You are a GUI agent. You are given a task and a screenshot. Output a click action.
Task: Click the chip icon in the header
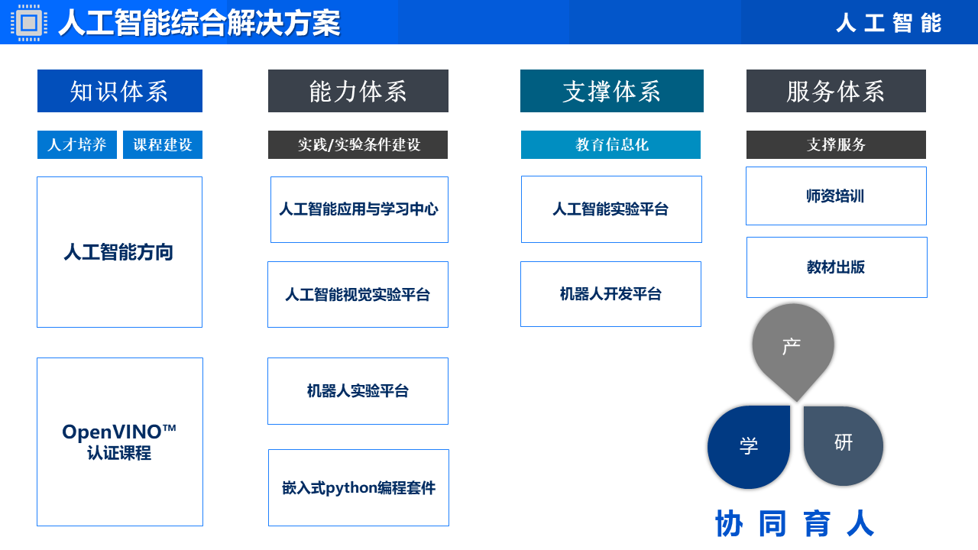(29, 23)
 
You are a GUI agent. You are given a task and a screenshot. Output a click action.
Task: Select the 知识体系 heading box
(120, 91)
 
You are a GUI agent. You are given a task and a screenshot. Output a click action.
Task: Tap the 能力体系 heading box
(358, 91)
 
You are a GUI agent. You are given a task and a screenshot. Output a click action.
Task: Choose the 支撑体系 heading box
(612, 91)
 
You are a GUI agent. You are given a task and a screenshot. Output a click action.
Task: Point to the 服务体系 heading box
(836, 91)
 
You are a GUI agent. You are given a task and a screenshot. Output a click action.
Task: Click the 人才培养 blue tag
(77, 144)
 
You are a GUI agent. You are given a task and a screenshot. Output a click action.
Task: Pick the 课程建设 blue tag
(163, 144)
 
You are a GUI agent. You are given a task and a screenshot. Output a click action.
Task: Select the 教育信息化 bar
(610, 144)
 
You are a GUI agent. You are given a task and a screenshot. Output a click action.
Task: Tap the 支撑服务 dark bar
(836, 144)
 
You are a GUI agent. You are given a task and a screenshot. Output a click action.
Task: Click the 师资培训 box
(836, 196)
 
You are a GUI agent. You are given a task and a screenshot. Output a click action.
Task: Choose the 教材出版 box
(837, 267)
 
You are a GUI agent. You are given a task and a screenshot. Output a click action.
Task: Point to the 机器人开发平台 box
(610, 294)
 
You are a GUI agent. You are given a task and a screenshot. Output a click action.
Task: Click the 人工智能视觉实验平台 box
(358, 295)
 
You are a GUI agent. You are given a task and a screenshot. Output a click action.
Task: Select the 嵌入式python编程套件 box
(358, 487)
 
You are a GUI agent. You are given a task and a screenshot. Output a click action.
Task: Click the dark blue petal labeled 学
(749, 447)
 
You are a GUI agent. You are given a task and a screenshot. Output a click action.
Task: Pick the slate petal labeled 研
(843, 445)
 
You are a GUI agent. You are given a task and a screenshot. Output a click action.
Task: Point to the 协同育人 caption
(795, 523)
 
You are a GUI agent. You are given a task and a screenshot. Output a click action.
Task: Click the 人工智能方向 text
(118, 252)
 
